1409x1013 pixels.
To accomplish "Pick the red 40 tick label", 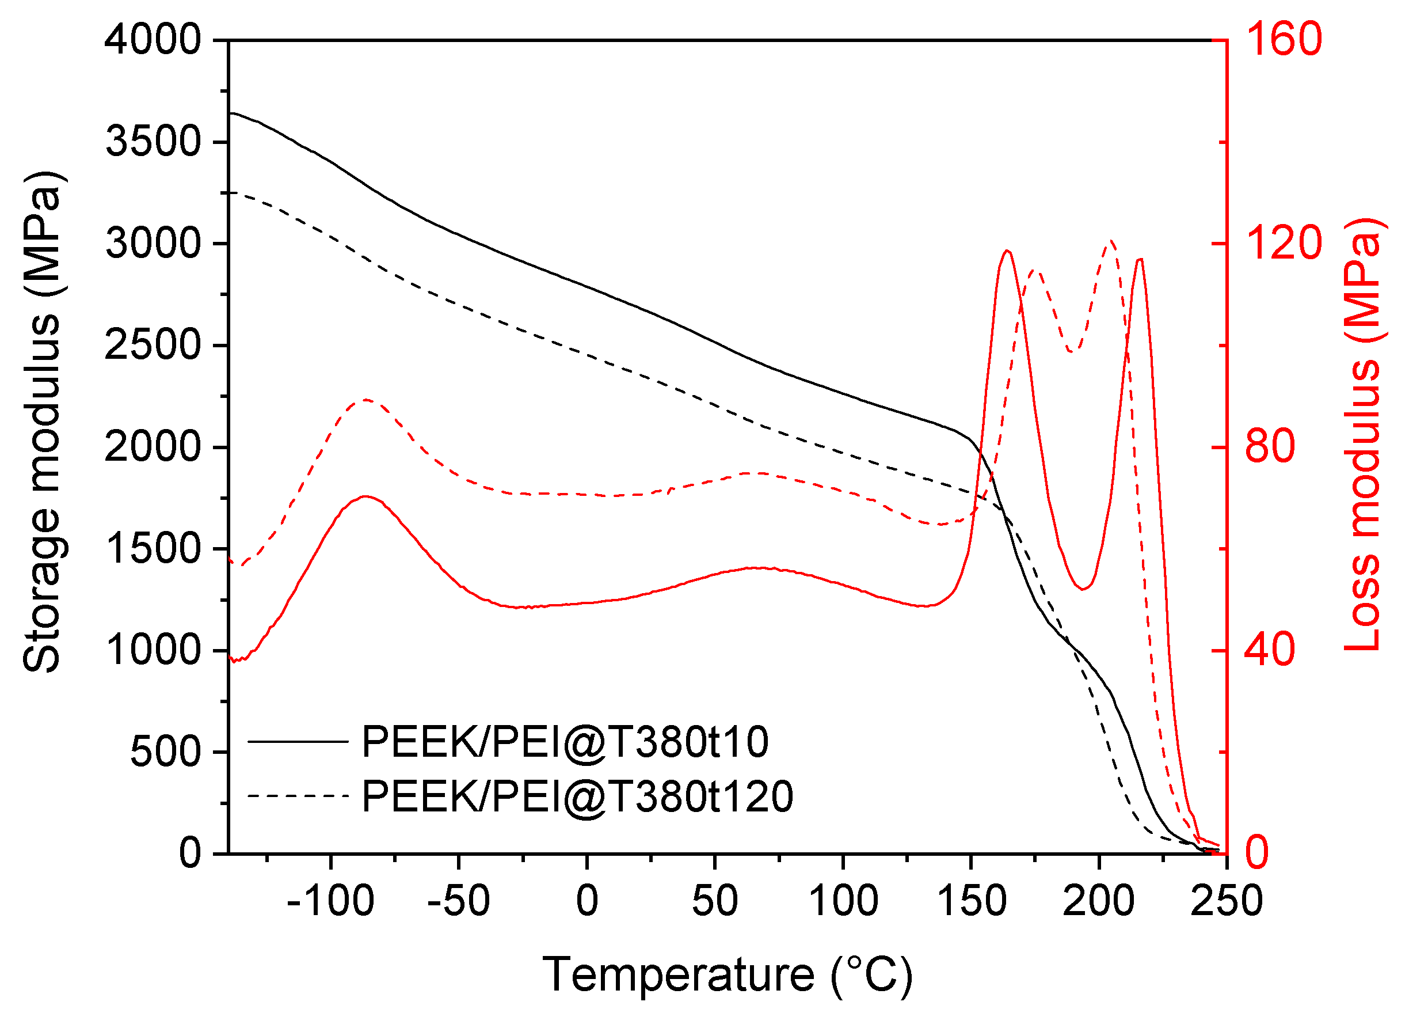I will (1270, 650).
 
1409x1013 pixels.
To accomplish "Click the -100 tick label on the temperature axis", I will (330, 901).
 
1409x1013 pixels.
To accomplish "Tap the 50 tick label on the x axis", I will (714, 901).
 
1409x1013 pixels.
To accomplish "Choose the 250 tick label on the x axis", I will (1227, 901).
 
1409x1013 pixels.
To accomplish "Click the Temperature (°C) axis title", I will (728, 974).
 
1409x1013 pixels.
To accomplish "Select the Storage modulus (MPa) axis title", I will (42, 423).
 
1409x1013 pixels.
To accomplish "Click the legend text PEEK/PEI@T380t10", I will (565, 741).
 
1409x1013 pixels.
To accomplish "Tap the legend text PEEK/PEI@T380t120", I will (577, 796).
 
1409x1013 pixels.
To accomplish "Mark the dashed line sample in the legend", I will (298, 796).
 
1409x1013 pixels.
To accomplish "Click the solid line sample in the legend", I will (298, 741).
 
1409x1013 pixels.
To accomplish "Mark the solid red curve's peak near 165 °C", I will (1007, 251).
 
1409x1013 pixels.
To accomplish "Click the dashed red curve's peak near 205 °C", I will (1111, 241).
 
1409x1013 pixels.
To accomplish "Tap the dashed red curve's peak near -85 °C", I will (367, 400).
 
